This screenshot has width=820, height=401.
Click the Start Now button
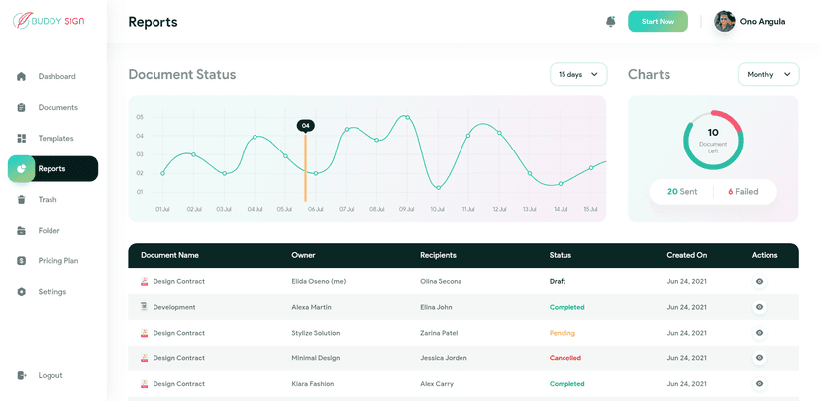point(658,21)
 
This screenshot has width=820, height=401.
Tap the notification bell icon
point(610,21)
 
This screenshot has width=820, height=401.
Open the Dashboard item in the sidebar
point(56,76)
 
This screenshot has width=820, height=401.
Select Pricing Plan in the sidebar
point(57,261)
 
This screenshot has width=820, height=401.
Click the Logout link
point(50,375)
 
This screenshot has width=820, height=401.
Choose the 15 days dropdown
point(578,74)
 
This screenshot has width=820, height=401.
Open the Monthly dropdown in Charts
point(769,74)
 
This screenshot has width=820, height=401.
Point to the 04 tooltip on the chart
point(306,125)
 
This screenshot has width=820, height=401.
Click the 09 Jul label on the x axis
point(406,209)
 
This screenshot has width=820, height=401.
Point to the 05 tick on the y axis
point(140,117)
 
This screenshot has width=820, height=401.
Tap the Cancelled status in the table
point(564,358)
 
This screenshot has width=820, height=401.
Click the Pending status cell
point(562,333)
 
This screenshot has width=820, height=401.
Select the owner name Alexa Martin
point(311,307)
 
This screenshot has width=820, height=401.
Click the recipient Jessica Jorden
point(443,358)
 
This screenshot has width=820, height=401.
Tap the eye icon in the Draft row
point(759,281)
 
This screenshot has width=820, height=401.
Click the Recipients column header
point(438,255)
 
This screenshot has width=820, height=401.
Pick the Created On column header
point(686,255)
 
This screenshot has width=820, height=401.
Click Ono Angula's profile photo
point(725,21)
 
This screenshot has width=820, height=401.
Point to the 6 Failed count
point(743,191)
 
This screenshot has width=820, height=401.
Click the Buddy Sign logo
point(50,20)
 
